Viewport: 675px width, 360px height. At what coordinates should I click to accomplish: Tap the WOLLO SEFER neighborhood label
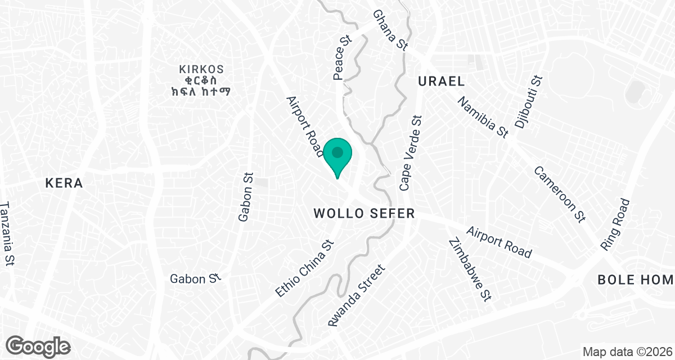click(x=364, y=214)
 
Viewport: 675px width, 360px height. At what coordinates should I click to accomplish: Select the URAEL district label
click(x=441, y=82)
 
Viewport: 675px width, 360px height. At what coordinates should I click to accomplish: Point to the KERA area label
click(x=64, y=183)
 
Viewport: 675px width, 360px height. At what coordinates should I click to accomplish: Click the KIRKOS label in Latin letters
click(x=201, y=70)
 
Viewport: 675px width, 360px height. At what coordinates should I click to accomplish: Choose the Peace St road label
click(x=343, y=58)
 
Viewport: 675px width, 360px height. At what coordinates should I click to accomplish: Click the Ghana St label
click(x=390, y=30)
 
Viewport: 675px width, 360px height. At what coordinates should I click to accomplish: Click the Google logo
click(x=38, y=346)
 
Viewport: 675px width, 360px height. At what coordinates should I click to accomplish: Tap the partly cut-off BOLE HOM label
click(x=635, y=280)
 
